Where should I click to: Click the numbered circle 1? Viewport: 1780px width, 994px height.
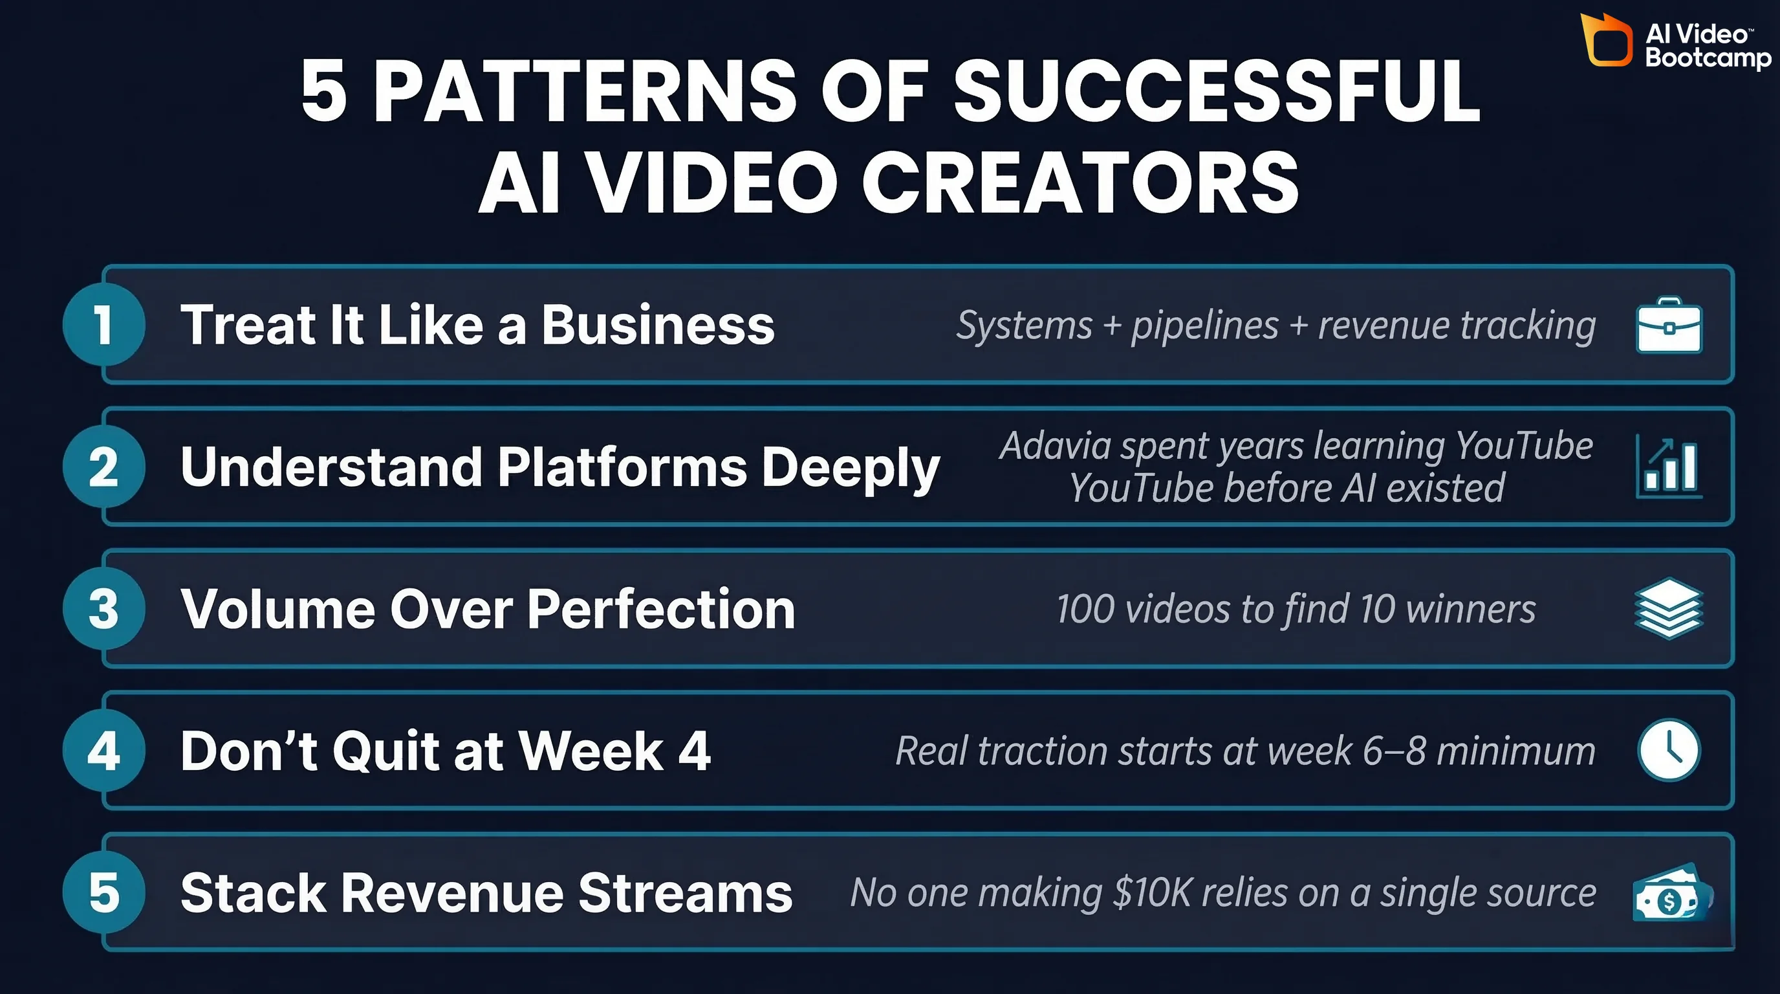[103, 324]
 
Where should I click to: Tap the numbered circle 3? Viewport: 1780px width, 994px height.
[103, 608]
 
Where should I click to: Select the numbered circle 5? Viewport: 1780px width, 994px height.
[103, 892]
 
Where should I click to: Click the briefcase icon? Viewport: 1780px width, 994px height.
[1669, 326]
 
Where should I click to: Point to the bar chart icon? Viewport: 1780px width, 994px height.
[1669, 467]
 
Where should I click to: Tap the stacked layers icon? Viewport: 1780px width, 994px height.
[1669, 608]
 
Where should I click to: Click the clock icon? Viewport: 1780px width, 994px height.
[1669, 751]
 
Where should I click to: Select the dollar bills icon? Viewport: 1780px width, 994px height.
[1669, 894]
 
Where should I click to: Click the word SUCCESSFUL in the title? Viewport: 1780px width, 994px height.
[1216, 91]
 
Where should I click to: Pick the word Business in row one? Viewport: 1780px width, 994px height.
[657, 325]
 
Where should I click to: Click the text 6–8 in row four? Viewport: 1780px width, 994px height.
[1394, 751]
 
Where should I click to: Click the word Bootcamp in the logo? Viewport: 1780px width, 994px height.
[1708, 58]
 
